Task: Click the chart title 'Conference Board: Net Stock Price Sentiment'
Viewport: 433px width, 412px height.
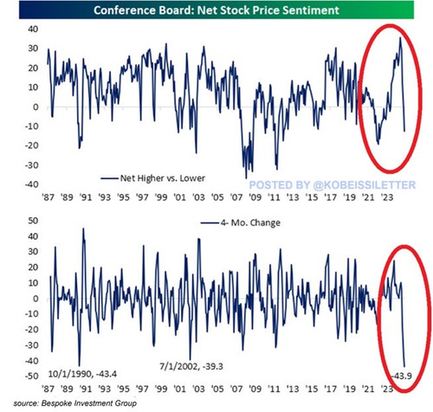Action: (x=216, y=10)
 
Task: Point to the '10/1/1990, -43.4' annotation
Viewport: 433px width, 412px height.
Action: (x=82, y=374)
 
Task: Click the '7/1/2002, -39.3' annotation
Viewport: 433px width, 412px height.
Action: (x=191, y=366)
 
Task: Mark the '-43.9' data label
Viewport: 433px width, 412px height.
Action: (x=402, y=377)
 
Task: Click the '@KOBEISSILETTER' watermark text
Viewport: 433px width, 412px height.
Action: (x=365, y=184)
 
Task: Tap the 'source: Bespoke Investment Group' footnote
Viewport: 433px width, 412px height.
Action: (x=75, y=402)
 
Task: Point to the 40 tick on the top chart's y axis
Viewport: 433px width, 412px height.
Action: (x=33, y=29)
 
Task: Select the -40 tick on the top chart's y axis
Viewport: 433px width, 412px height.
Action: (x=31, y=184)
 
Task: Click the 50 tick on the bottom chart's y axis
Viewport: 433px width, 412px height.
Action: (x=33, y=221)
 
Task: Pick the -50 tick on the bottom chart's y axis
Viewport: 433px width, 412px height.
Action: (x=31, y=376)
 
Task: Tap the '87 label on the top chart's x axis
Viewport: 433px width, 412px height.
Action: (x=48, y=197)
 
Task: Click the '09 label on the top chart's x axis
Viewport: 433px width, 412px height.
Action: (x=255, y=197)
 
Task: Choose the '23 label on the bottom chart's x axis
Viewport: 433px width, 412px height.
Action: (x=387, y=389)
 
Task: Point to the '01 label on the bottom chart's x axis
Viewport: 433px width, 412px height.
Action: (x=180, y=389)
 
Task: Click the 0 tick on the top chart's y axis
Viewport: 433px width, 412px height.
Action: (x=36, y=107)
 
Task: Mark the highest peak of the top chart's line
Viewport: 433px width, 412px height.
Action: (x=400, y=37)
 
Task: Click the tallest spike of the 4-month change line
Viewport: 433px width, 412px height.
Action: (x=83, y=229)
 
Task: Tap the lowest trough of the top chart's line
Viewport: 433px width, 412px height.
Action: (x=246, y=178)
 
